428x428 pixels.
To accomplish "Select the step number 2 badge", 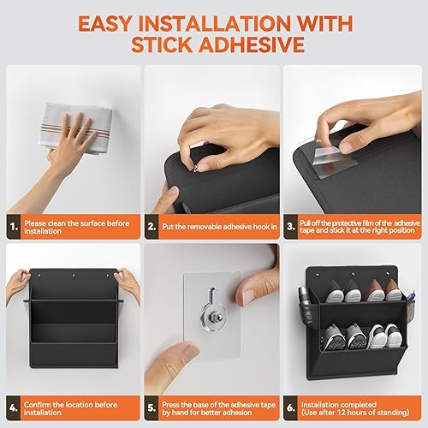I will (x=152, y=226).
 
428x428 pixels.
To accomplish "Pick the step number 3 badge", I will (x=292, y=226).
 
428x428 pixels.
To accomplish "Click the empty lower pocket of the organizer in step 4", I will (x=73, y=351).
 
